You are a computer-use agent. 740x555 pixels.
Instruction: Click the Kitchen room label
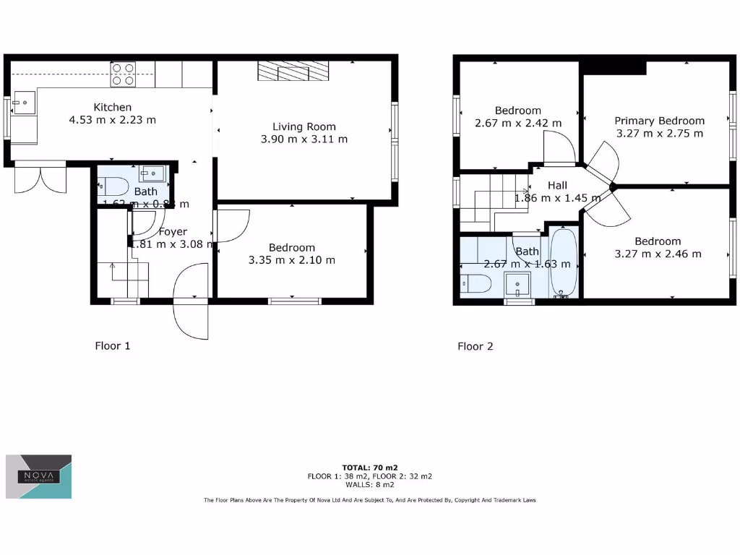click(112, 107)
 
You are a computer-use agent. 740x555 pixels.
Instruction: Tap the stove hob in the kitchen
click(123, 74)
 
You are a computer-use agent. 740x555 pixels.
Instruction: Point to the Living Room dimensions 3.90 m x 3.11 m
click(304, 139)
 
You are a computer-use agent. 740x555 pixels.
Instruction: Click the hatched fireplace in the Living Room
click(293, 72)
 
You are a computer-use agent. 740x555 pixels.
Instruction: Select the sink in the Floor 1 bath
click(152, 173)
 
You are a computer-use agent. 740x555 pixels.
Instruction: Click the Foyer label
click(173, 232)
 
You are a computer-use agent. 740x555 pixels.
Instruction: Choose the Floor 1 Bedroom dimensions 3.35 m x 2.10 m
click(291, 260)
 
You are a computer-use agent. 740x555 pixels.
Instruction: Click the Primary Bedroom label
click(659, 121)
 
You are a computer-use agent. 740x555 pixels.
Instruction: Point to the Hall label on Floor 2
click(557, 185)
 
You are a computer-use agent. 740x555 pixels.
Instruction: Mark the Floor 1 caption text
click(113, 346)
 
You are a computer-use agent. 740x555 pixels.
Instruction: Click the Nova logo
click(39, 477)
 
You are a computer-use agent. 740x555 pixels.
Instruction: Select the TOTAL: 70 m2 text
click(370, 467)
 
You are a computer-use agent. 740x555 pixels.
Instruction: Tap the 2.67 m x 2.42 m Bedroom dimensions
click(517, 123)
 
